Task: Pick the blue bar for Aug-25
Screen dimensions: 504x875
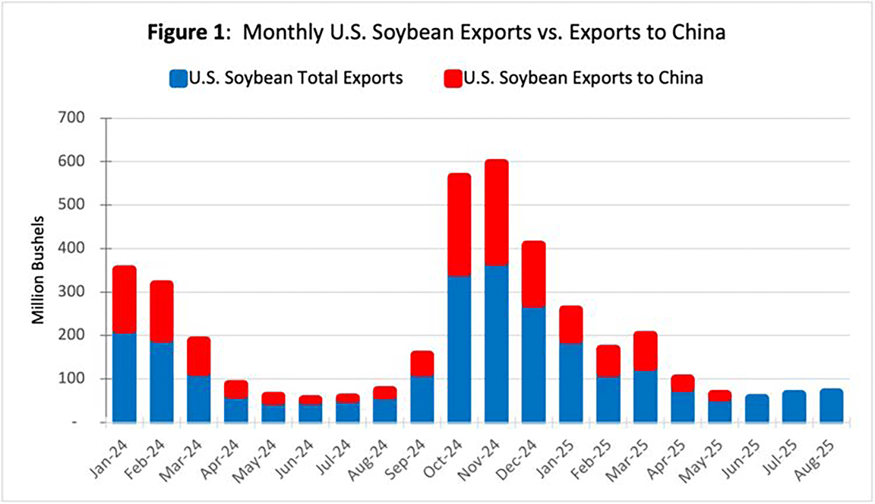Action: click(831, 405)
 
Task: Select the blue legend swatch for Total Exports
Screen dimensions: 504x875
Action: click(178, 78)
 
